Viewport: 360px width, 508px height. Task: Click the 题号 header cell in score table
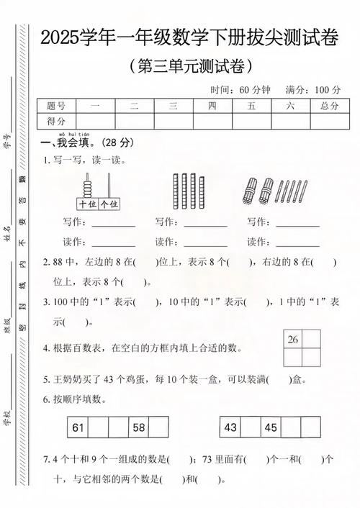tap(55, 106)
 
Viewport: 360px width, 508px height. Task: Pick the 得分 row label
tap(55, 121)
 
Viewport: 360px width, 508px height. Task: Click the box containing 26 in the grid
tap(292, 339)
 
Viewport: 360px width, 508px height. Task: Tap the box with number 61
tap(78, 427)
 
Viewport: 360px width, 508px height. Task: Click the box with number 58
tap(138, 427)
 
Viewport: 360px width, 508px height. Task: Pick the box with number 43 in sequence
tap(230, 427)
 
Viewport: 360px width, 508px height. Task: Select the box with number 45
tap(270, 427)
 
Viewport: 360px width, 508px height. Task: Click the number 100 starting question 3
tap(60, 302)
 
